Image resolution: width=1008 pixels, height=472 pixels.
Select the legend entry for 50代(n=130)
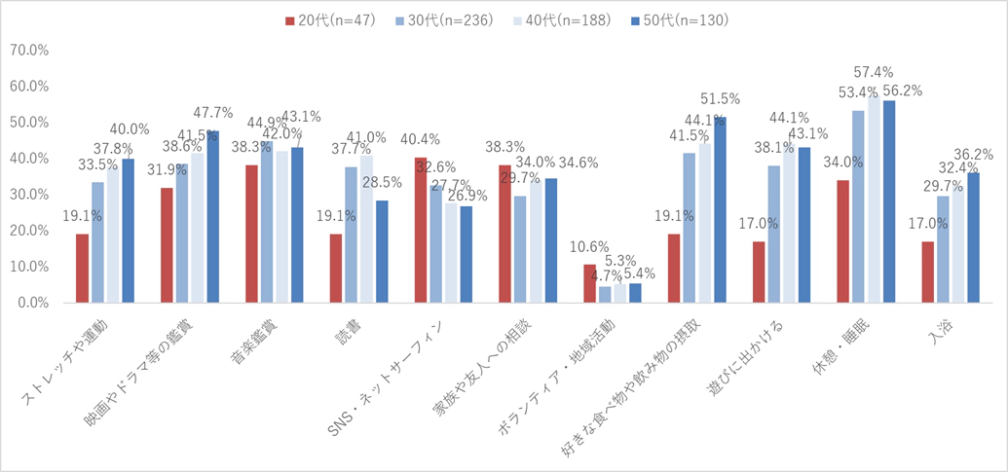click(x=679, y=19)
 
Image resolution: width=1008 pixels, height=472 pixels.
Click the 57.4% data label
click(x=873, y=72)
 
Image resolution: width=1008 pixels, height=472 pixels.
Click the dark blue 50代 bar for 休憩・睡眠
click(x=888, y=201)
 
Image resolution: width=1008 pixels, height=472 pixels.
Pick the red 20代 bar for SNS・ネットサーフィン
click(x=421, y=230)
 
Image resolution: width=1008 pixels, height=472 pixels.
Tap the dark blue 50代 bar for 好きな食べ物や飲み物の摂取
click(x=719, y=209)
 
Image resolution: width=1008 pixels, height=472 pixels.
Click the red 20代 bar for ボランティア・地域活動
click(x=589, y=283)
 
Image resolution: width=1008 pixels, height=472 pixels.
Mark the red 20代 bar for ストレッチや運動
click(x=83, y=268)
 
